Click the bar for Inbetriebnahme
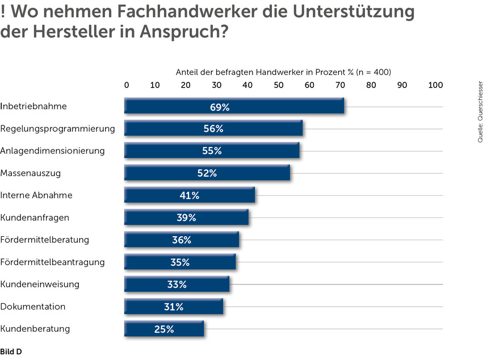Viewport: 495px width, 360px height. [234, 107]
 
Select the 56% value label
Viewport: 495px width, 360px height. [213, 129]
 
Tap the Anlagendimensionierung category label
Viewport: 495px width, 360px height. [53, 151]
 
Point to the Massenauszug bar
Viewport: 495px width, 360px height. [207, 173]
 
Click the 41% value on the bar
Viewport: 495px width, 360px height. [190, 195]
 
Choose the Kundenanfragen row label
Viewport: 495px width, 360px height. [35, 217]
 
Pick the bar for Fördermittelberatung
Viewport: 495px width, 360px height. [182, 240]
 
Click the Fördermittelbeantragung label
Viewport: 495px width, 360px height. [53, 262]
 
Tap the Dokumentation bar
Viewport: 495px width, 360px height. [174, 307]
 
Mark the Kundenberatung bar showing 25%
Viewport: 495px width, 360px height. [164, 329]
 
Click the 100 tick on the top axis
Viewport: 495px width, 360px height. [435, 85]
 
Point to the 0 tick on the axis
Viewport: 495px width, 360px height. [127, 85]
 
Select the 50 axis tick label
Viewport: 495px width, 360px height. [279, 85]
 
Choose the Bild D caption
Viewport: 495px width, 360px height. [11, 352]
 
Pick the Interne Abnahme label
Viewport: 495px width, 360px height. [37, 195]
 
